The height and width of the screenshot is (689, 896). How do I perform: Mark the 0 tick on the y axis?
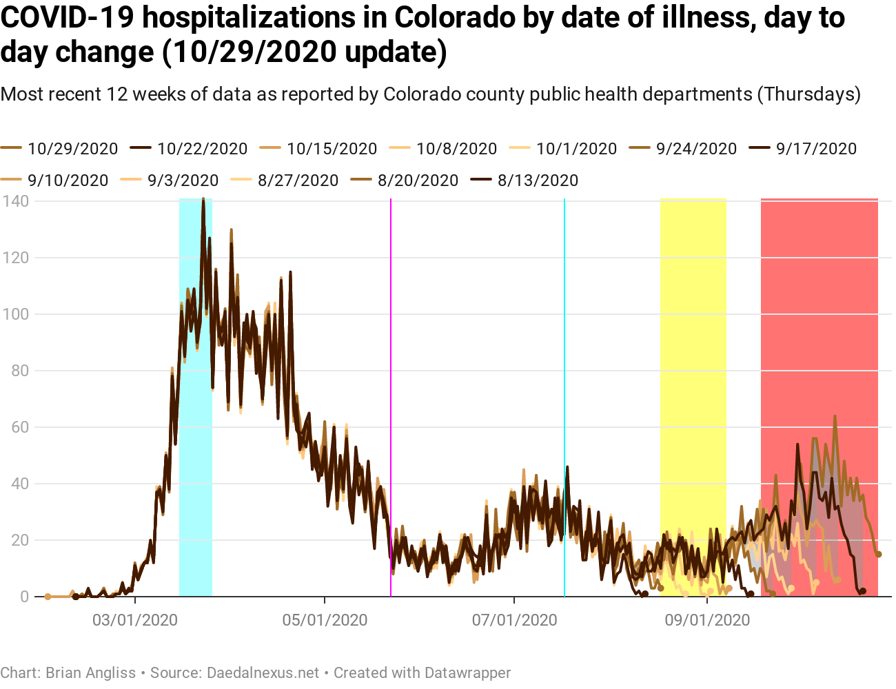coord(24,597)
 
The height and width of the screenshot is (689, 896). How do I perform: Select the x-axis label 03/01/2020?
coord(135,620)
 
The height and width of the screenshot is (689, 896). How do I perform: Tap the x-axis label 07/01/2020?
coord(514,620)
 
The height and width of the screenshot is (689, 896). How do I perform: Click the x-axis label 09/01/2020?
coord(707,620)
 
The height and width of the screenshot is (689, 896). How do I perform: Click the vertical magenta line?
coord(391,344)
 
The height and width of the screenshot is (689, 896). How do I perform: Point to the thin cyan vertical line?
coord(564,344)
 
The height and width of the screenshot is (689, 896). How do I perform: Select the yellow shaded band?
coord(693,344)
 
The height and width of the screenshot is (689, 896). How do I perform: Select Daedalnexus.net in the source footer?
coord(263,672)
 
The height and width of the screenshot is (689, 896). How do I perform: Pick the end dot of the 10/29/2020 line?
coord(878,554)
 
